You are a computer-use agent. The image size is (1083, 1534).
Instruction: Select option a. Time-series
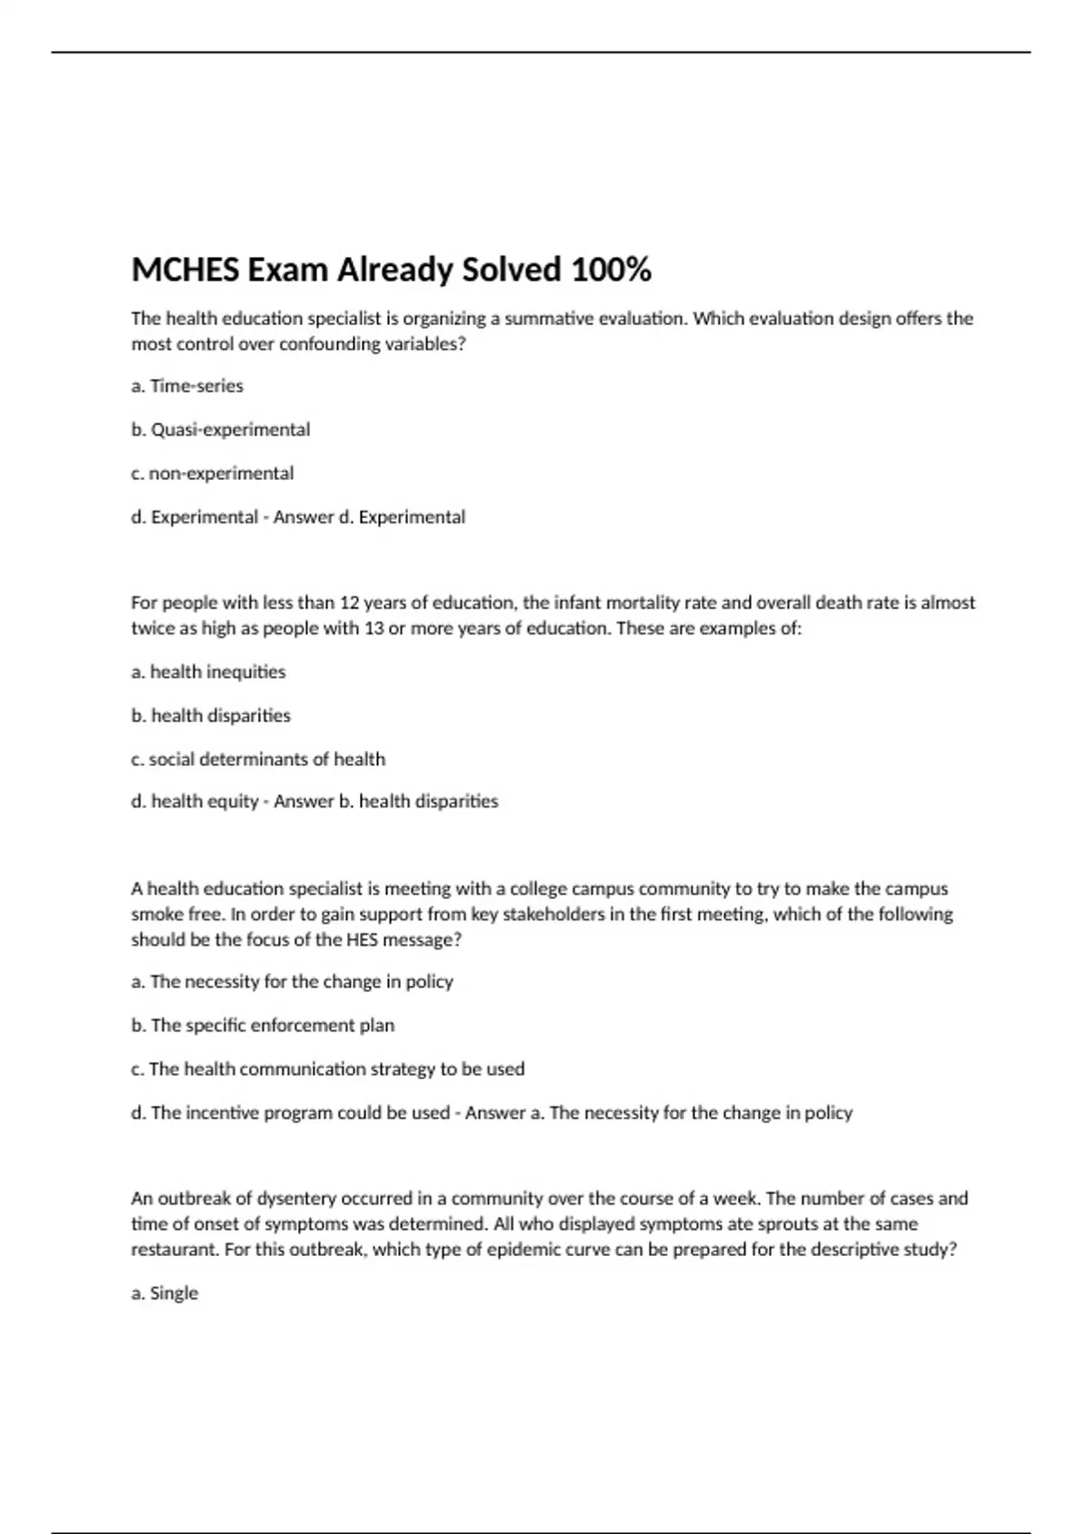(x=187, y=386)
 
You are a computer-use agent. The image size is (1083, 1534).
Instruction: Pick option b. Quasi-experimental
(x=220, y=430)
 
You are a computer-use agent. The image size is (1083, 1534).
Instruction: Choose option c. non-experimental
(x=212, y=474)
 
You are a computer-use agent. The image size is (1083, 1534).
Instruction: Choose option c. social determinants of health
(x=257, y=759)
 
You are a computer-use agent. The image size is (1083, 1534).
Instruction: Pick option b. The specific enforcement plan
(x=263, y=1026)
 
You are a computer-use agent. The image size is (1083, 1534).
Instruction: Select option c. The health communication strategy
(x=328, y=1069)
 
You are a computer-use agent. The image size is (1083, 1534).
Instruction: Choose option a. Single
(x=164, y=1293)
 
